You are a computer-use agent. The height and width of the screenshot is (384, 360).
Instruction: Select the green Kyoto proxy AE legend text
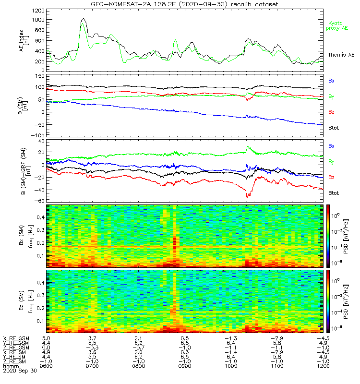(x=337, y=26)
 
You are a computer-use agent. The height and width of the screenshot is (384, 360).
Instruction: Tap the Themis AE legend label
(x=341, y=55)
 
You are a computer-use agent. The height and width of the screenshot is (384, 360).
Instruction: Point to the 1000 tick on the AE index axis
(x=38, y=20)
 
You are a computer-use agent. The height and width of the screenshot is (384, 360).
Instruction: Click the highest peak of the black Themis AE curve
(x=84, y=18)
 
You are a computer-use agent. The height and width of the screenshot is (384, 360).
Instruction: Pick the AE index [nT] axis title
(x=24, y=41)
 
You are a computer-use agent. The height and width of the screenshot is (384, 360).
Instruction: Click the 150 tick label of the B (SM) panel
(x=40, y=76)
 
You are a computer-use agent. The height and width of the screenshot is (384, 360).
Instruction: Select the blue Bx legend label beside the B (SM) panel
(x=331, y=81)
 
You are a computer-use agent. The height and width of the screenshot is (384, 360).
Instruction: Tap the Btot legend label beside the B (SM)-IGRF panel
(x=334, y=193)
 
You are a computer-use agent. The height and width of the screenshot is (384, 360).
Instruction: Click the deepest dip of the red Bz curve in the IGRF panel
(x=247, y=197)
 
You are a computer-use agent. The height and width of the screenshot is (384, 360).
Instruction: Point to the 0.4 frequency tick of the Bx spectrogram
(x=41, y=217)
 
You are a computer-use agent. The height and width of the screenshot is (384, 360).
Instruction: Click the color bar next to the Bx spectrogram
(x=328, y=236)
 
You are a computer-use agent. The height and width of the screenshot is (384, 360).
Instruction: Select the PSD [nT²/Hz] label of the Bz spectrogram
(x=346, y=302)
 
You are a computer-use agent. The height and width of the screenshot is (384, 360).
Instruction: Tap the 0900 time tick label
(x=185, y=366)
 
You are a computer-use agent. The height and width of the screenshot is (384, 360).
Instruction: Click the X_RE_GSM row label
(x=16, y=338)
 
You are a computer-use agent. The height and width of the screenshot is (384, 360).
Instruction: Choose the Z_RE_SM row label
(x=14, y=361)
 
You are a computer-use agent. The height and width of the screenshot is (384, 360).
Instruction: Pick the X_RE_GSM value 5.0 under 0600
(x=46, y=338)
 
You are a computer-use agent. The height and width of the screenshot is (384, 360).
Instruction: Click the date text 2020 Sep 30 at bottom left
(x=20, y=371)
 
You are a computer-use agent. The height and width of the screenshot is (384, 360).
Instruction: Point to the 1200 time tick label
(x=323, y=366)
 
